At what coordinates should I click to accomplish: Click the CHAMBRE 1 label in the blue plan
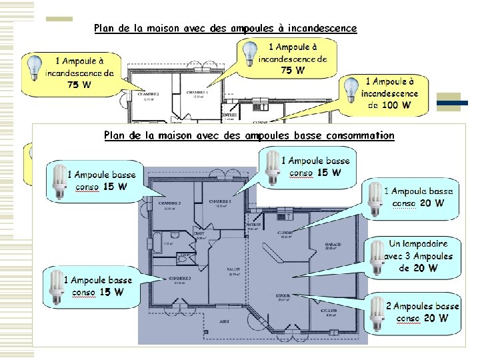click(x=220, y=201)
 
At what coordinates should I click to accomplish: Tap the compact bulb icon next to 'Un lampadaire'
click(x=376, y=257)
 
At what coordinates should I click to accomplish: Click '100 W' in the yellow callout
click(x=398, y=105)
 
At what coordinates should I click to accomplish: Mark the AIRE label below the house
click(x=225, y=321)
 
